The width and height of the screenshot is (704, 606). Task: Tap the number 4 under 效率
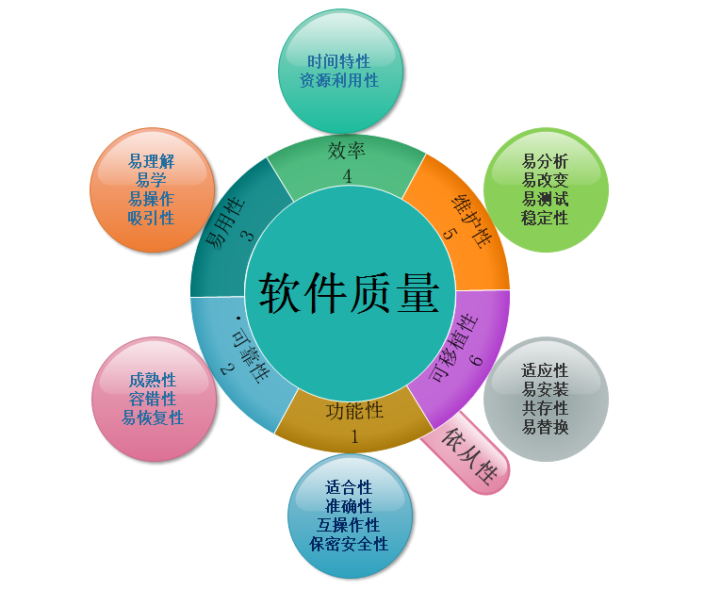coord(347,176)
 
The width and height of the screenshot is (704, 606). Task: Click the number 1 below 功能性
coord(354,435)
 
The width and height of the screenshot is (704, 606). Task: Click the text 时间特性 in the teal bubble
coord(338,62)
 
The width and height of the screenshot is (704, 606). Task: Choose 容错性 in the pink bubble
coord(153,399)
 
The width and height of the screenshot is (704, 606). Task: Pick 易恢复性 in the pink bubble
coord(153,418)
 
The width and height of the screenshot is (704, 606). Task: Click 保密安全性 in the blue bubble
coord(349,544)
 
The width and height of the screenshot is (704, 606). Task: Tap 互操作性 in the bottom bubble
coord(349,525)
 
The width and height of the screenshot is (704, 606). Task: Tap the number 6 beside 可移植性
coord(476,359)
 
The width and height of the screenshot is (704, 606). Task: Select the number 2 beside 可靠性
coord(226,369)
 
